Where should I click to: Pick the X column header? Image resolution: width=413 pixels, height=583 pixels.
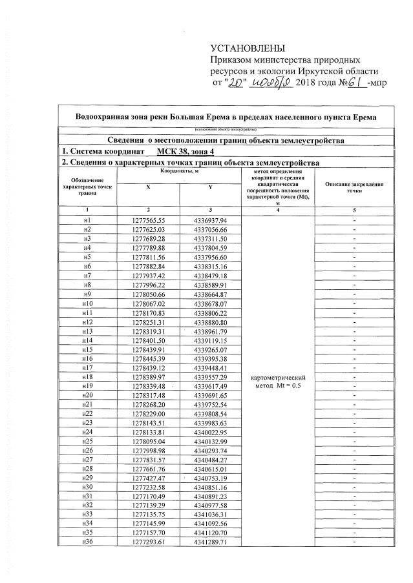[149, 187]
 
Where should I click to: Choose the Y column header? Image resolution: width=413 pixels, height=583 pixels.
[210, 187]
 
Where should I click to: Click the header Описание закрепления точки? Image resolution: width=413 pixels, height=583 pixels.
[353, 187]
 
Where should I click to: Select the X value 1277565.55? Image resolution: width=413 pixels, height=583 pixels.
[149, 220]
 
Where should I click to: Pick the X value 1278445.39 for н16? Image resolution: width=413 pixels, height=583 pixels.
[149, 359]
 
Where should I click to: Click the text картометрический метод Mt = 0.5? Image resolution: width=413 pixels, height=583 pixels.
[277, 382]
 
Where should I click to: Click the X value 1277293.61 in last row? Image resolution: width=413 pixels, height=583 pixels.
[149, 544]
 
